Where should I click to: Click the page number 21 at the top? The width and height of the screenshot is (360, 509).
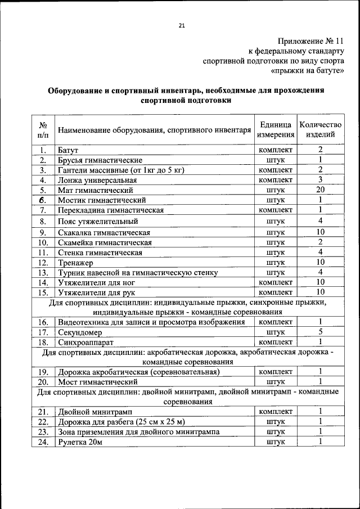[x=181, y=25]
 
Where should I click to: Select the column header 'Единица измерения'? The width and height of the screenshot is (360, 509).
[x=276, y=129]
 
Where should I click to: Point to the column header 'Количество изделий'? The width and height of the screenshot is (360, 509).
[x=320, y=129]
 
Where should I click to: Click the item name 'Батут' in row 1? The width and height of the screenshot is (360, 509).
[x=67, y=150]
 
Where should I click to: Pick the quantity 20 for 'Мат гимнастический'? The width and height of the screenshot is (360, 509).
[x=320, y=190]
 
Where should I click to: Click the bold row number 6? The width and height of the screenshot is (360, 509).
[x=42, y=200]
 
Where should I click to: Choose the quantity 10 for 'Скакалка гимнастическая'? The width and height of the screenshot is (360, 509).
[x=320, y=232]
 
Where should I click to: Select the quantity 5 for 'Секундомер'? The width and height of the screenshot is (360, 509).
[x=320, y=332]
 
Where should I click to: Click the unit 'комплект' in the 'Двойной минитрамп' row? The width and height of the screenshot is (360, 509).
[x=276, y=412]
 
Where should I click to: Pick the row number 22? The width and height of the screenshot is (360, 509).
[x=42, y=422]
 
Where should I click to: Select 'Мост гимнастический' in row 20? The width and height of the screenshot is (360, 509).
[x=97, y=382]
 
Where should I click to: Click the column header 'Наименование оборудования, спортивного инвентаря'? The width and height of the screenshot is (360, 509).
[x=154, y=130]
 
